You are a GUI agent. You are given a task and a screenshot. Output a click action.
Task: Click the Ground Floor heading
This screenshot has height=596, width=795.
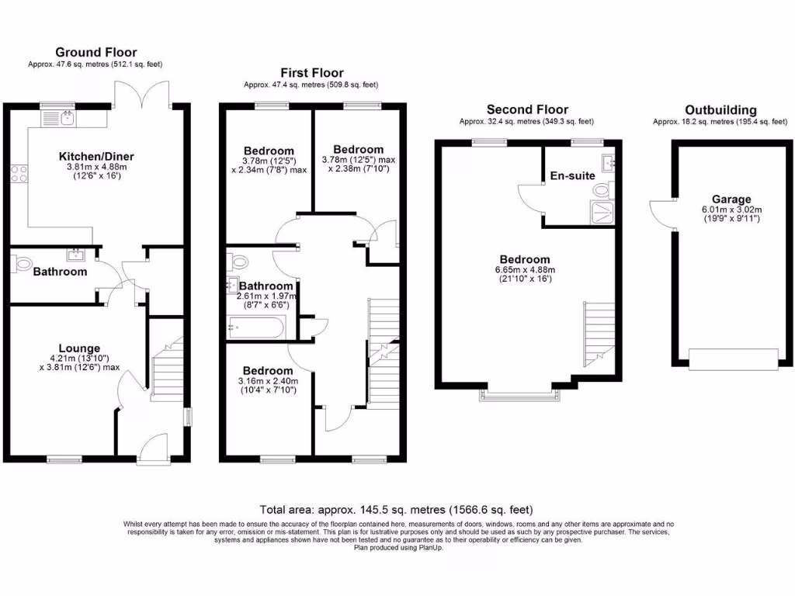point(97,53)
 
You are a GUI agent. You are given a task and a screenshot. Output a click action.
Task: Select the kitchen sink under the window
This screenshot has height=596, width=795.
point(68,119)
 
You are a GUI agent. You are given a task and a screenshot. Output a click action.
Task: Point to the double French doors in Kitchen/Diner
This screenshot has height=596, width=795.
point(141,93)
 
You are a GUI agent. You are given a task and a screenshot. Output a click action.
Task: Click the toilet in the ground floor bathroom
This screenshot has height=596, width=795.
point(19,264)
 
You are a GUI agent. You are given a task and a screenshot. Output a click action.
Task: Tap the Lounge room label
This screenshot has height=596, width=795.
point(80,348)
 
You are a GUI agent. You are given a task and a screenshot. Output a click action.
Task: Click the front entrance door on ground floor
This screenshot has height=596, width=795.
point(152,449)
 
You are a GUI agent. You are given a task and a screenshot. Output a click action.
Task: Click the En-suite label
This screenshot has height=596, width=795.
point(573,175)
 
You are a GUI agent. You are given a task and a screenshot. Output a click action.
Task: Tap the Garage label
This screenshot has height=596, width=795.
point(731,199)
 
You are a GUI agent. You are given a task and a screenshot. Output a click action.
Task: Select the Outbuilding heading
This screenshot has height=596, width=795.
point(720,110)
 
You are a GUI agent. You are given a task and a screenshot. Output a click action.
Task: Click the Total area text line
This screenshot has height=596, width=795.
point(397,510)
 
